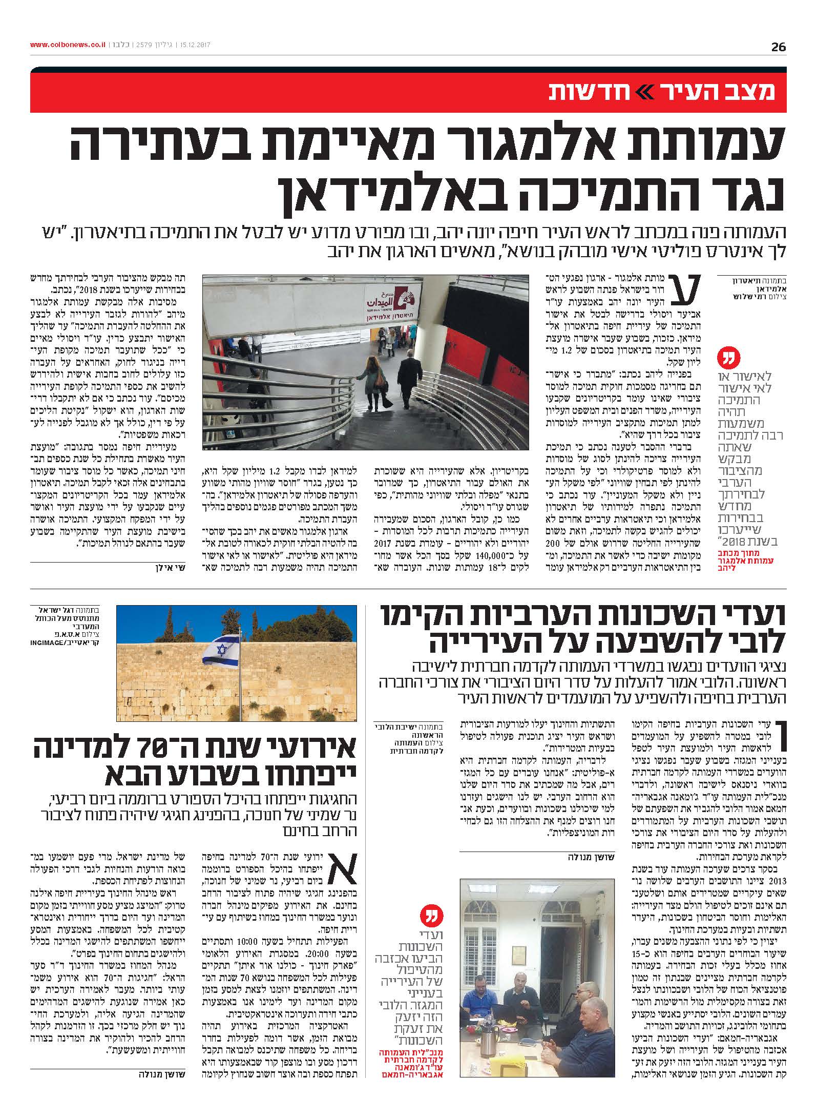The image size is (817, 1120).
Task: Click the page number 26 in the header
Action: [778, 47]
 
